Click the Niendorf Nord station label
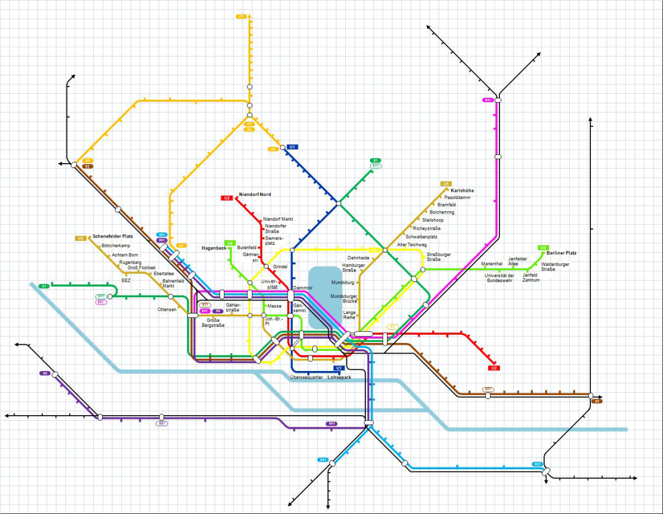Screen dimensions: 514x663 [x=255, y=194]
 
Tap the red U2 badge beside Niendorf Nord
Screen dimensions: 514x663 [x=226, y=198]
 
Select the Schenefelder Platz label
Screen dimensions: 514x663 [x=112, y=236]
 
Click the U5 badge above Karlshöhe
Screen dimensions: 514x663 [x=445, y=184]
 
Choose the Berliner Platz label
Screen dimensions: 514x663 [x=561, y=253]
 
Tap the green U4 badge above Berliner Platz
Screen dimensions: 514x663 [x=543, y=248]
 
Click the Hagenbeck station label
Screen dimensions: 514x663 [x=213, y=248]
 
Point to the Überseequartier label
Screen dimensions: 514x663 [x=307, y=377]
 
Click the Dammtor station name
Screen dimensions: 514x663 [x=303, y=288]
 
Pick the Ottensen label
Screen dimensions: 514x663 [x=166, y=310]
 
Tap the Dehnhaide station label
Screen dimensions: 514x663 [x=358, y=258]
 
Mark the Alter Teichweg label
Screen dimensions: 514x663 [x=412, y=245]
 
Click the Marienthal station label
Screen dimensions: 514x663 [x=492, y=264]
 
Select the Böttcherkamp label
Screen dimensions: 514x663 [x=116, y=246]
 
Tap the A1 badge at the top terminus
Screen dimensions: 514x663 [x=241, y=17]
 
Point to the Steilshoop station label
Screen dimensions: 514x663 [x=433, y=220]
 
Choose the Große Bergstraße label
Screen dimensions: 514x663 [x=213, y=322]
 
